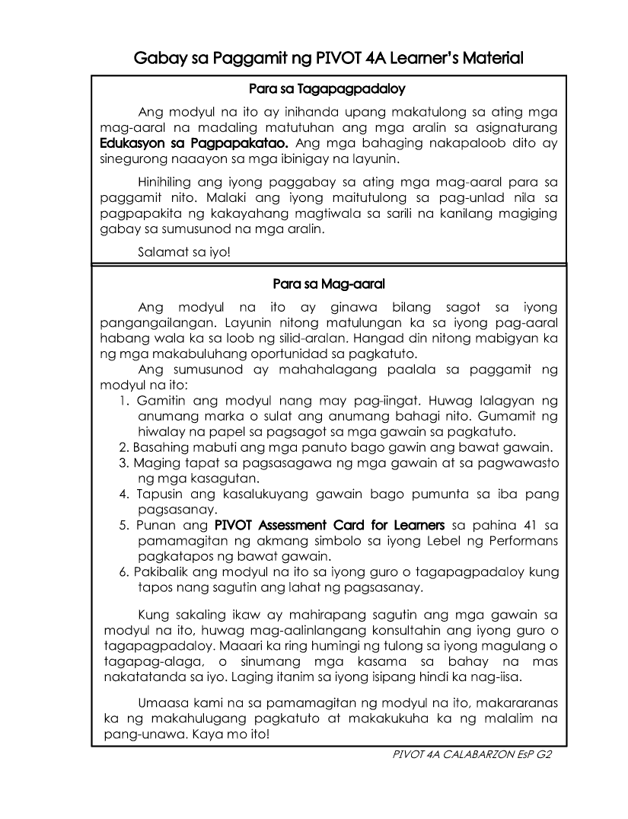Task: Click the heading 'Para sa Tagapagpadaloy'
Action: [x=327, y=89]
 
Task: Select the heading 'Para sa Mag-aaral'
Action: [x=328, y=284]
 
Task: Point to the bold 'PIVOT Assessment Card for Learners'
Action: [x=330, y=525]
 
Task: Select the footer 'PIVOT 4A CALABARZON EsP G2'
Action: [x=471, y=754]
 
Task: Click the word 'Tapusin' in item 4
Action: [x=161, y=494]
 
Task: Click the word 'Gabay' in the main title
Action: [x=160, y=57]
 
